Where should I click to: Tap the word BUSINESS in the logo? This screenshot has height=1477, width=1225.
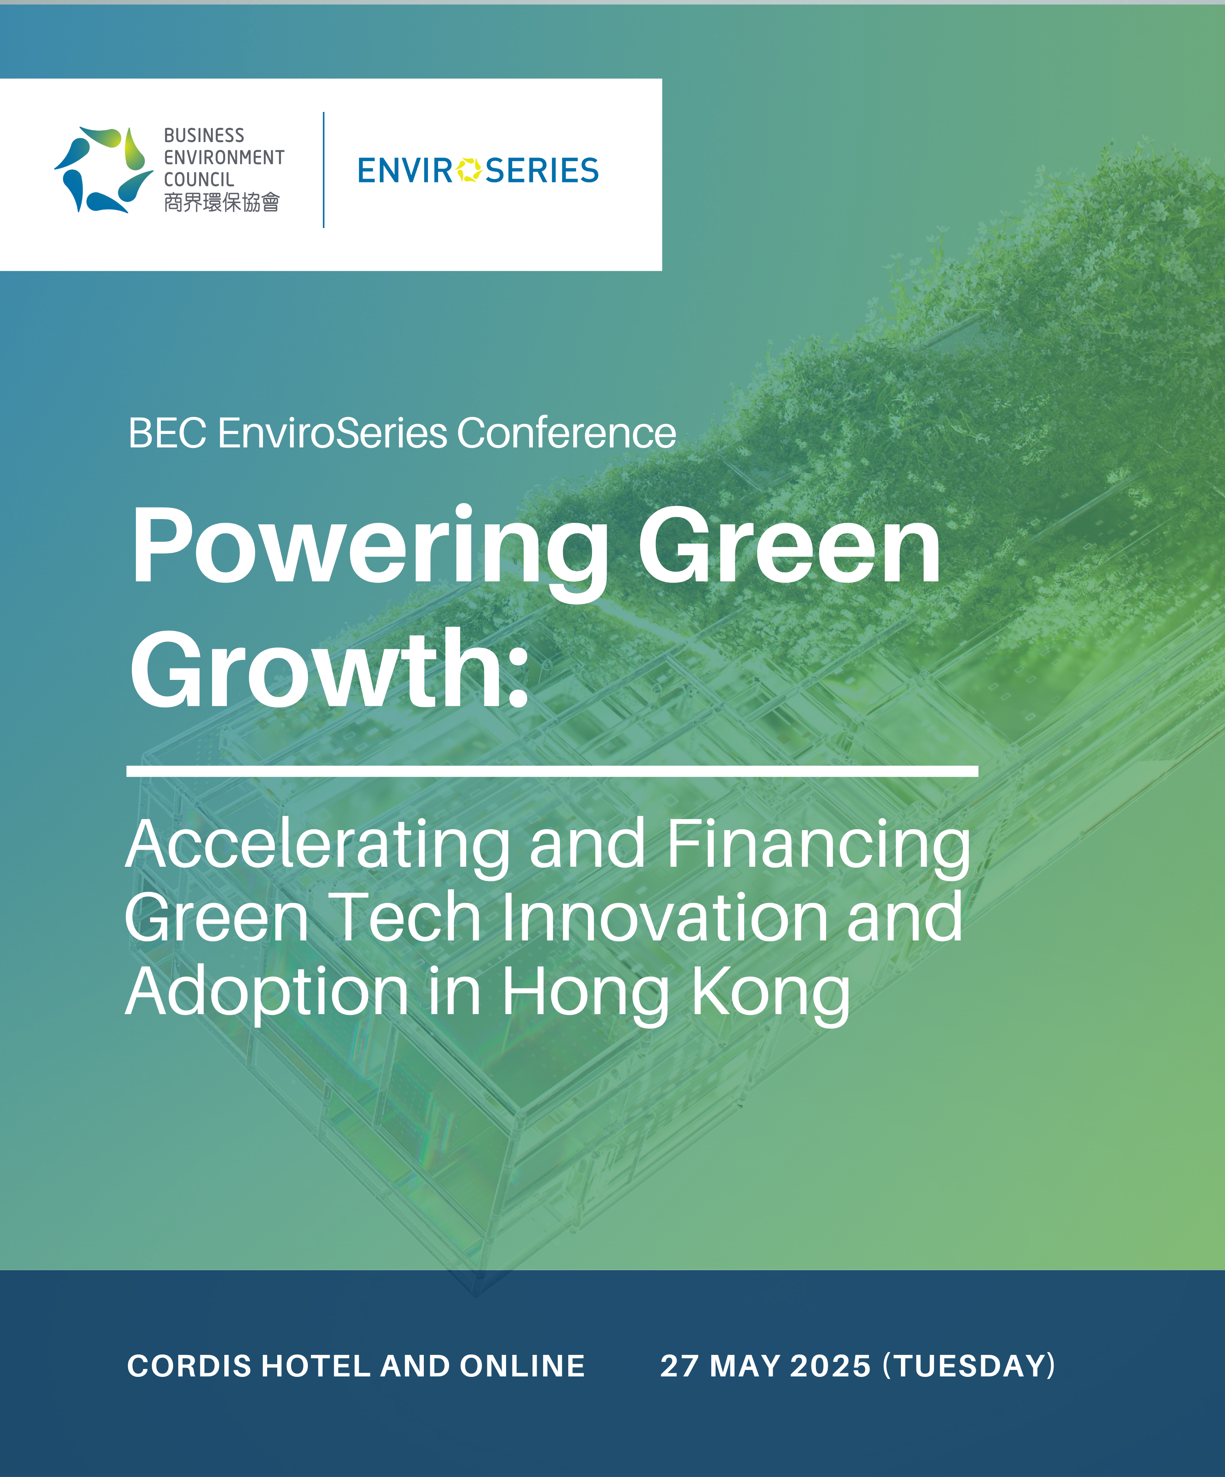204,135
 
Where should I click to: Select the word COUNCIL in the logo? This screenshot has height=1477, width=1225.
199,180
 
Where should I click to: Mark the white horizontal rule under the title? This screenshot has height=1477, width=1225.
552,771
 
